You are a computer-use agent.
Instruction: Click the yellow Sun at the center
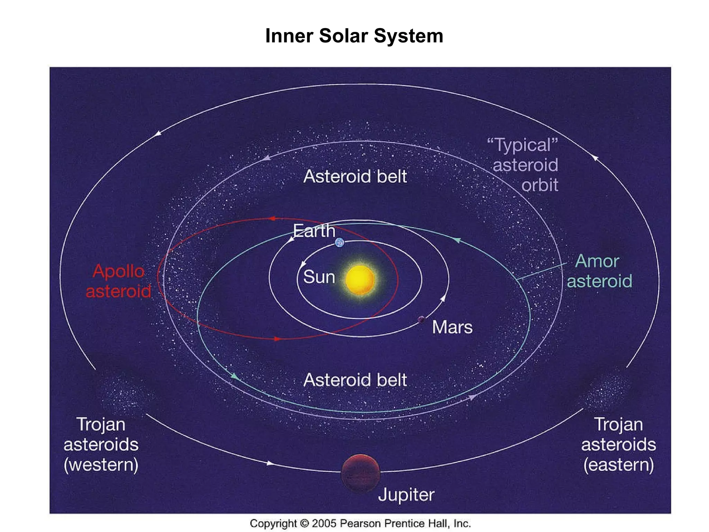pyautogui.click(x=360, y=280)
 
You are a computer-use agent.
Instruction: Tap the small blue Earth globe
pyautogui.click(x=340, y=242)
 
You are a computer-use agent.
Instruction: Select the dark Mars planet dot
pyautogui.click(x=421, y=320)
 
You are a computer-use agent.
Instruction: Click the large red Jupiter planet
pyautogui.click(x=360, y=473)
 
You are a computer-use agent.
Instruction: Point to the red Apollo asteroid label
pyautogui.click(x=118, y=281)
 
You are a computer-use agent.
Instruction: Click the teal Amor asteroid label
pyautogui.click(x=599, y=271)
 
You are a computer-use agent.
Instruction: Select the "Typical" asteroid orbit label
pyautogui.click(x=525, y=165)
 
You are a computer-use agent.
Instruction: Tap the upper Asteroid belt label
pyautogui.click(x=355, y=176)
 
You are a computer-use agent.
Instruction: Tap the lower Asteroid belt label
pyautogui.click(x=355, y=380)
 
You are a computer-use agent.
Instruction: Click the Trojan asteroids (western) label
pyautogui.click(x=101, y=444)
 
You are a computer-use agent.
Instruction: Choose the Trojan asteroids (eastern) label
pyautogui.click(x=618, y=444)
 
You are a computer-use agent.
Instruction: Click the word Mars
pyautogui.click(x=452, y=327)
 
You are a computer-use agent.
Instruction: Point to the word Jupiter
pyautogui.click(x=406, y=495)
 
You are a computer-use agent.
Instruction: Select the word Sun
pyautogui.click(x=319, y=277)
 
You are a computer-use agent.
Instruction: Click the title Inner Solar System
pyautogui.click(x=354, y=36)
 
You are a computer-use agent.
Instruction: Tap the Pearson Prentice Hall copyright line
pyautogui.click(x=360, y=523)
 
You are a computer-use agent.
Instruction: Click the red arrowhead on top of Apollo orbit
pyautogui.click(x=272, y=219)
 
